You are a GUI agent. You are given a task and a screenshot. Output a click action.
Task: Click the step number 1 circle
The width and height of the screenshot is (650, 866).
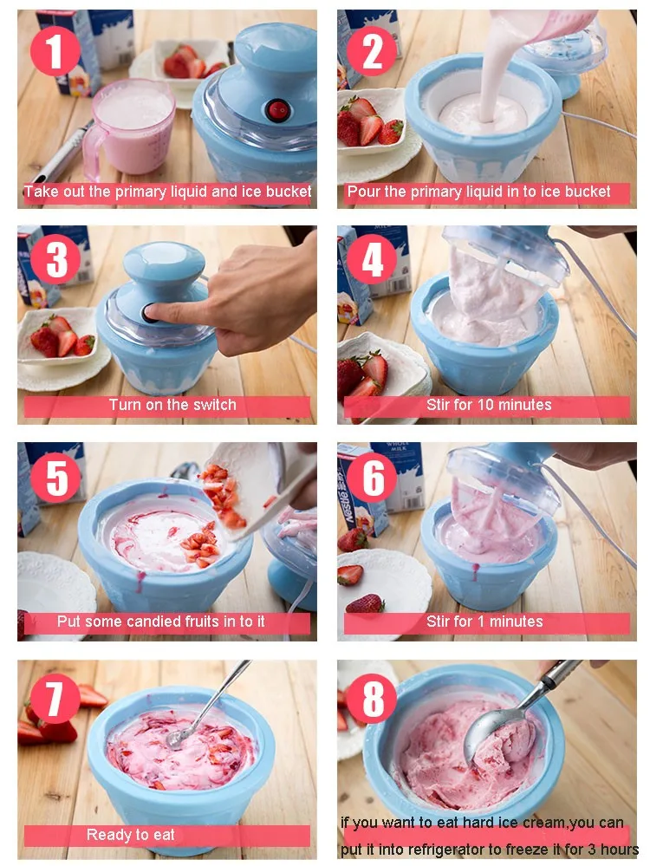click(55, 50)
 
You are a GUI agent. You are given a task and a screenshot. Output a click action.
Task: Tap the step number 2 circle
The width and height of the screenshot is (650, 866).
click(372, 50)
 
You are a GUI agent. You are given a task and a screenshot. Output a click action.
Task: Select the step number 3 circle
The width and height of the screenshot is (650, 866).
click(55, 259)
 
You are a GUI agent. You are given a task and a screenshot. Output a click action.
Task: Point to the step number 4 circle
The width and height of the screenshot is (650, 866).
click(372, 259)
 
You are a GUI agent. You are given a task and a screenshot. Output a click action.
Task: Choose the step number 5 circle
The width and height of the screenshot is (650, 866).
click(55, 477)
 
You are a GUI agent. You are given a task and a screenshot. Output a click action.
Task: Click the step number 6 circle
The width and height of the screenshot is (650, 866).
click(372, 477)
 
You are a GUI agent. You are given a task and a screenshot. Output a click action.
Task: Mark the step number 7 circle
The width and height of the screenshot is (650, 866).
click(55, 698)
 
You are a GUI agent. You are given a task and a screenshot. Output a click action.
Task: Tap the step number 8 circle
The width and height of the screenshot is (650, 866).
click(372, 698)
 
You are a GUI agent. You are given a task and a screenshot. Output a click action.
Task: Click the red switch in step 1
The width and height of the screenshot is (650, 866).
click(276, 110)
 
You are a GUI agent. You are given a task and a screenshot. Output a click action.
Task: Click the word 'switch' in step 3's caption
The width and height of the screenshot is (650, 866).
click(214, 405)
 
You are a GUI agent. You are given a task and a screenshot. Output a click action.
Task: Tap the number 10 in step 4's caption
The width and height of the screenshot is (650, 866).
click(484, 405)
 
